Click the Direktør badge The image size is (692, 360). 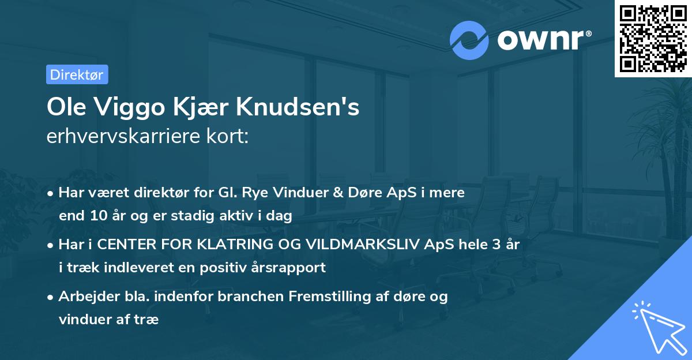pos(77,74)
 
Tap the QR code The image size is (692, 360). pos(653,38)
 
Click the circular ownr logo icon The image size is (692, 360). pos(469,40)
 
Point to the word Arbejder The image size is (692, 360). pos(85,296)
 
